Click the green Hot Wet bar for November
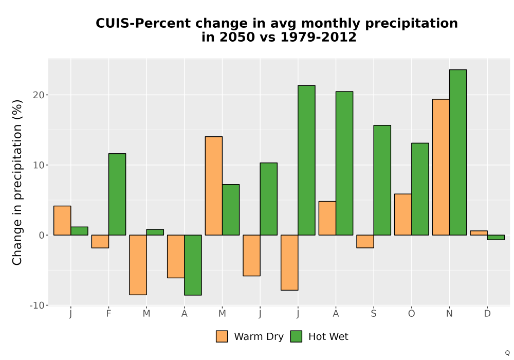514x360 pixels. pyautogui.click(x=458, y=152)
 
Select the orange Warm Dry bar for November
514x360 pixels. pyautogui.click(x=441, y=167)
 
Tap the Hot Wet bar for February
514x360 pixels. pyautogui.click(x=117, y=194)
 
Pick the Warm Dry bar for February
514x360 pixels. pyautogui.click(x=100, y=241)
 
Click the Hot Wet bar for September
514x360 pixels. pyautogui.click(x=382, y=180)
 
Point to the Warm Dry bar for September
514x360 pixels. pyautogui.click(x=365, y=241)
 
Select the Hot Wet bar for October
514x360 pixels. pyautogui.click(x=420, y=189)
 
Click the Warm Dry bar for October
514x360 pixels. pyautogui.click(x=403, y=214)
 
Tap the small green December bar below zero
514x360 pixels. pyautogui.click(x=495, y=238)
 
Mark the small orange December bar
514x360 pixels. pyautogui.click(x=479, y=233)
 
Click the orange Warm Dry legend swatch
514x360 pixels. pyautogui.click(x=222, y=336)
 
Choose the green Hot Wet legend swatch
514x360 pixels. pyautogui.click(x=296, y=336)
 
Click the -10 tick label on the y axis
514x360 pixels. pyautogui.click(x=36, y=305)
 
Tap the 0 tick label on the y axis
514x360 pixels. pyautogui.click(x=41, y=235)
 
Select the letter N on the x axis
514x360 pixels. pyautogui.click(x=449, y=314)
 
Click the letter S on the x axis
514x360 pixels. pyautogui.click(x=373, y=314)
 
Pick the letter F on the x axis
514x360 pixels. pyautogui.click(x=108, y=314)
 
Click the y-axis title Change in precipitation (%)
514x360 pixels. pyautogui.click(x=17, y=182)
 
